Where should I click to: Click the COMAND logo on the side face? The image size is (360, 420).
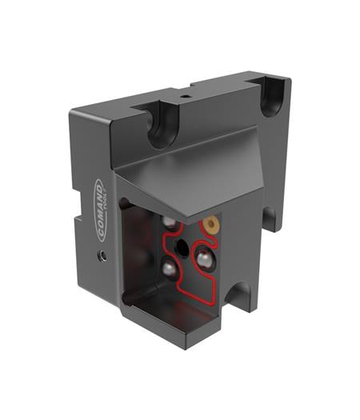(102, 210)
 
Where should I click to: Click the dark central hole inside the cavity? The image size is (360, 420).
(182, 248)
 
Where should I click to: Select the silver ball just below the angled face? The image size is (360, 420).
(170, 222)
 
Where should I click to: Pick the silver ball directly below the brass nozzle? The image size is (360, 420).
(204, 258)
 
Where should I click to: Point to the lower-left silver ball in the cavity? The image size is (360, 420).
(170, 269)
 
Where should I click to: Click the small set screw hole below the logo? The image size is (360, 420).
(103, 255)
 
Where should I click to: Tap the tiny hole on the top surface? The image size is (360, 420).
(184, 96)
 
